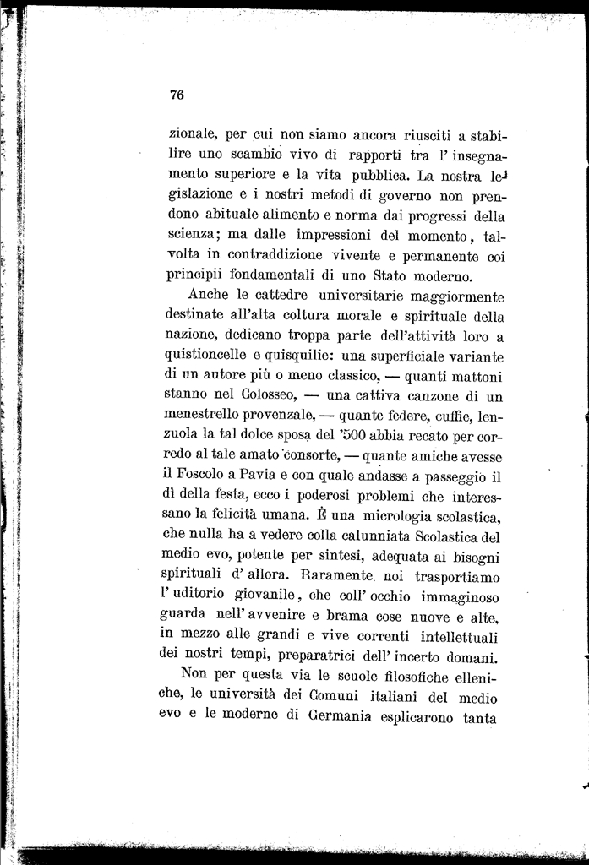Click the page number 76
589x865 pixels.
coord(177,95)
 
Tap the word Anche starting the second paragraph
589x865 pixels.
coord(209,296)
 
